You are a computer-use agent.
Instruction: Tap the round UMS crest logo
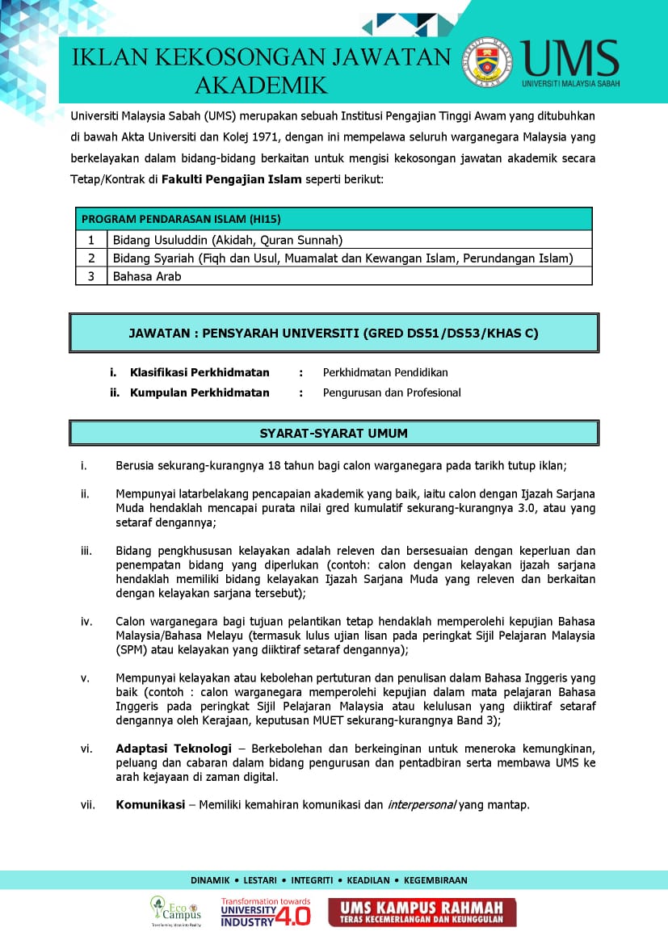486,61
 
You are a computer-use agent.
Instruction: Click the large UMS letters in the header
570,57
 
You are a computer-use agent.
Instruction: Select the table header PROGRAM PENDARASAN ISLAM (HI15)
181,219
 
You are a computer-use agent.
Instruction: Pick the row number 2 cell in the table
92,258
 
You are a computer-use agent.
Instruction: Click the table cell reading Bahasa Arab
147,276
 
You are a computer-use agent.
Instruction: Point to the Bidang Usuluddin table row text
228,240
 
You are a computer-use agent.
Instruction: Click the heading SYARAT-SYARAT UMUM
334,433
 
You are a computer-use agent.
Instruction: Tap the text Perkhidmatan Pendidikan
385,372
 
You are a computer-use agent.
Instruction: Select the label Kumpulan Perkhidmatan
200,392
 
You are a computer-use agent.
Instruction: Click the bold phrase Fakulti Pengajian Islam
231,178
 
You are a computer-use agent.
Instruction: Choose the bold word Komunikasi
150,804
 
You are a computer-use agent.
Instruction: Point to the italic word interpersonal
422,804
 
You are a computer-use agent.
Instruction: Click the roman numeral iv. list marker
86,621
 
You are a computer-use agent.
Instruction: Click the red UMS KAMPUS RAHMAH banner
421,913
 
